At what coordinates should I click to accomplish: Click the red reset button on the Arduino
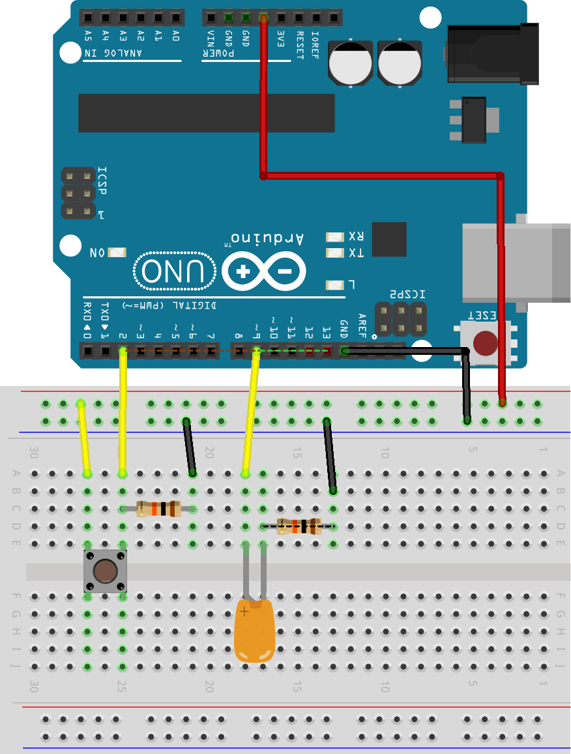[485, 342]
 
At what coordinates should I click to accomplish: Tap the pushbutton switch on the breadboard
[105, 571]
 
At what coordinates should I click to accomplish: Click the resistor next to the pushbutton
[158, 509]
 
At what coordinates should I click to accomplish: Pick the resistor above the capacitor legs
[299, 526]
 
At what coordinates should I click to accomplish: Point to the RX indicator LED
[334, 237]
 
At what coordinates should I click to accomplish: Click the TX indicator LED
[334, 253]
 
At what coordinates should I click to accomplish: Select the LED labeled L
[334, 285]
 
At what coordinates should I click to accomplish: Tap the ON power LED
[118, 253]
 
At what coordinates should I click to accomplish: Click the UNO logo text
[175, 270]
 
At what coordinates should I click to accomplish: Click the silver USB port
[515, 262]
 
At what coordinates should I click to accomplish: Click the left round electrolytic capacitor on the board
[350, 63]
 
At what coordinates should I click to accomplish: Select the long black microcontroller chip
[206, 113]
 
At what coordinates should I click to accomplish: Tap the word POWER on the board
[222, 53]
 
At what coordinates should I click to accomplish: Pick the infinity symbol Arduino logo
[263, 271]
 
